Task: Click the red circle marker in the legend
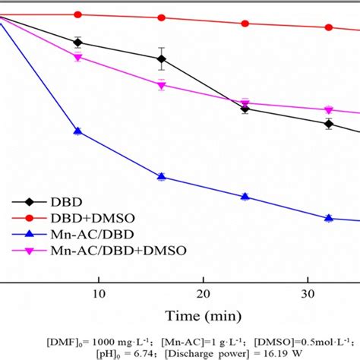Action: point(30,218)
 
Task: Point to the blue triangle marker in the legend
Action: point(30,234)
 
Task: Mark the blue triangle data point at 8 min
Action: point(77,131)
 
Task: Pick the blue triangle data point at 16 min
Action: point(161,176)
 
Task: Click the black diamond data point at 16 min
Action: point(161,58)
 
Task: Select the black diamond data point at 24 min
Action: point(245,109)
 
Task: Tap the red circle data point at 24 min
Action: point(245,24)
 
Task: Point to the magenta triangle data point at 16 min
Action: point(161,85)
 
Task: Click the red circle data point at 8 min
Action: point(77,14)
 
